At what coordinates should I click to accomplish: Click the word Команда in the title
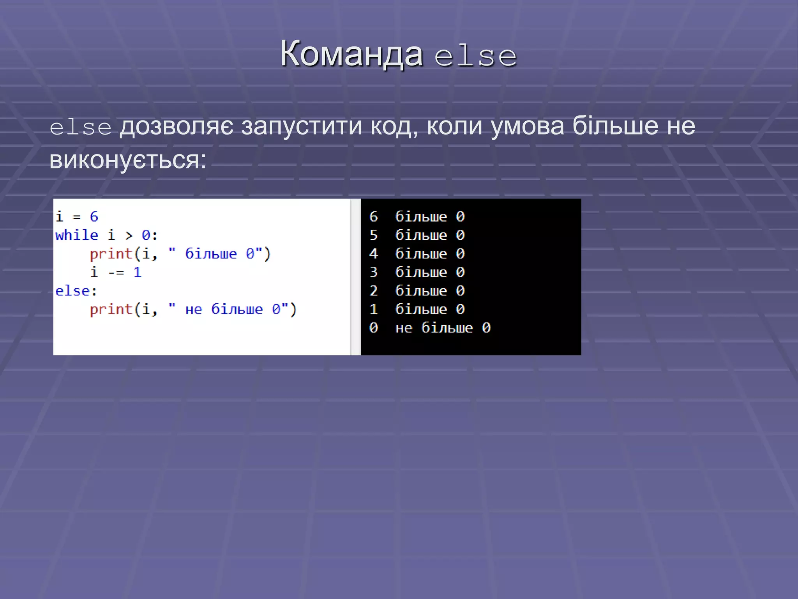[x=351, y=55]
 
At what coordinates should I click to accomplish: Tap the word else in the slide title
[x=476, y=57]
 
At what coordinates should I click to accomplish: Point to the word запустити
[x=302, y=126]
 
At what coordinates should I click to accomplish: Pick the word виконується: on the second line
[x=128, y=160]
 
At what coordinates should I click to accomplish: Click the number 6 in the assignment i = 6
[x=94, y=217]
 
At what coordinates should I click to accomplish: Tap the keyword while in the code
[x=77, y=236]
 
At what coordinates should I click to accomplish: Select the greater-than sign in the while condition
[x=129, y=236]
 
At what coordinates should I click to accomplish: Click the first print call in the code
[x=111, y=254]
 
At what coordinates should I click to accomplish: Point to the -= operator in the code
[x=116, y=273]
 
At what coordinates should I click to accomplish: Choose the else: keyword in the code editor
[x=76, y=291]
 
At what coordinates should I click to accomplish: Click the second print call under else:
[x=111, y=310]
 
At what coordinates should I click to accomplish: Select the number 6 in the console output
[x=374, y=217]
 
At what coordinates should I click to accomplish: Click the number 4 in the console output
[x=374, y=254]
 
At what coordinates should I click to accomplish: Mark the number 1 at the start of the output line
[x=374, y=310]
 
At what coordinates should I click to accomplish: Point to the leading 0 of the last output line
[x=374, y=328]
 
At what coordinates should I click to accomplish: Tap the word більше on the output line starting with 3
[x=421, y=272]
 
